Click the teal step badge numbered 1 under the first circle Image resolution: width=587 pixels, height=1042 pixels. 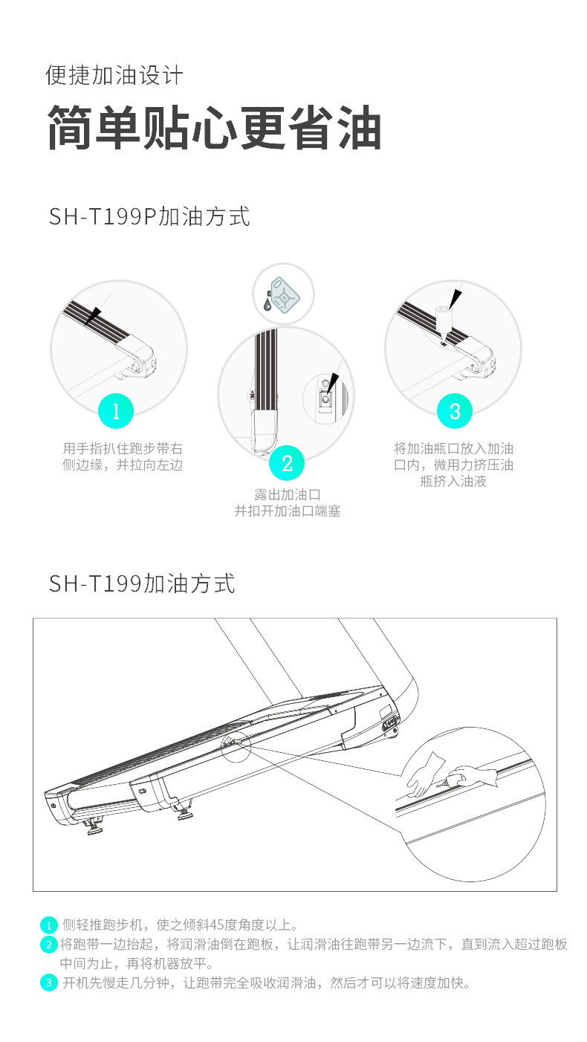point(116,411)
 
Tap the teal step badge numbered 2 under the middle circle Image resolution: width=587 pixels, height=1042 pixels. point(287,463)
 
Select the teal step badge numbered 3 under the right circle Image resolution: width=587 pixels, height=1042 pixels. point(455,411)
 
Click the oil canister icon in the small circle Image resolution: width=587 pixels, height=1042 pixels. point(285,295)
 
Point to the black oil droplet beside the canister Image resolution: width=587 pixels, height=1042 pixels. point(267,304)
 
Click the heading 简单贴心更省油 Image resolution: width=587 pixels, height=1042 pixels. point(215,127)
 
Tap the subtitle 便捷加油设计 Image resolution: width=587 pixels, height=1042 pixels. point(114,75)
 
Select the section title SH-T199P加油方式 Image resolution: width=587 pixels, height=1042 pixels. point(149,216)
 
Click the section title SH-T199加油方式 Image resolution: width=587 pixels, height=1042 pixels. point(142,583)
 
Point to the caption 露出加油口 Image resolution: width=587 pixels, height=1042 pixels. point(288,494)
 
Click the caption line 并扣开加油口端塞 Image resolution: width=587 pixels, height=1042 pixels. point(288,511)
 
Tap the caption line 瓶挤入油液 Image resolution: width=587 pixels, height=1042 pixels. point(453,481)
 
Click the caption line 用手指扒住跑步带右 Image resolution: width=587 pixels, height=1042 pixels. point(123,448)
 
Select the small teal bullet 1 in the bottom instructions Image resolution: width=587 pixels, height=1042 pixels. point(49,925)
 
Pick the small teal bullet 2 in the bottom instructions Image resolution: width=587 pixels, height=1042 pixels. point(49,945)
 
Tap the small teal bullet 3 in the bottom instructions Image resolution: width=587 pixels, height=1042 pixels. point(49,983)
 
